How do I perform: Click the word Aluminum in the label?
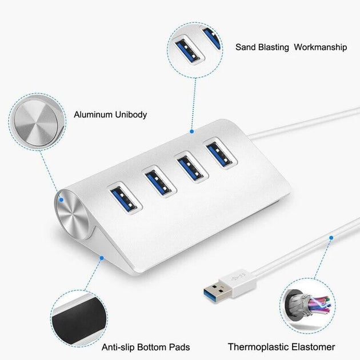(x=92, y=115)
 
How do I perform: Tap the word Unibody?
(x=130, y=115)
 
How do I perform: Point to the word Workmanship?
(x=320, y=47)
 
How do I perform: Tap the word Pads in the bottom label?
(x=179, y=347)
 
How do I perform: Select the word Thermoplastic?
(x=255, y=347)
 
